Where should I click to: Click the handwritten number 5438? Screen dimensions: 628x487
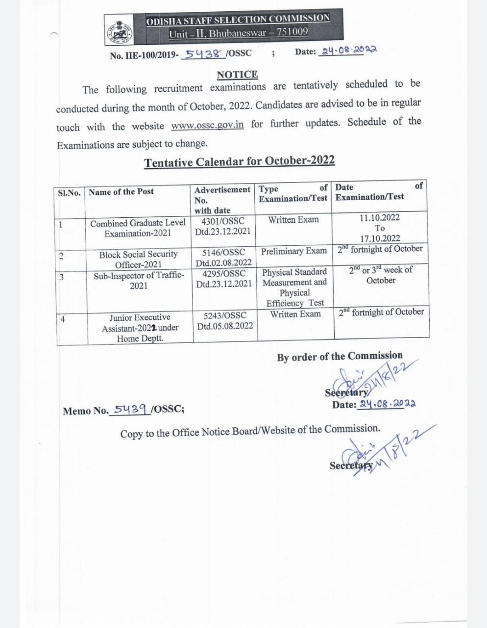203,53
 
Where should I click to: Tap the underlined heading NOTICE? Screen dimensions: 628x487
237,75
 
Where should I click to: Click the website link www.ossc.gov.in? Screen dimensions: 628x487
207,125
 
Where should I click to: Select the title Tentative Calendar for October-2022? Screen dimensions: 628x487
239,161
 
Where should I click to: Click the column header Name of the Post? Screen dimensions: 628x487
121,192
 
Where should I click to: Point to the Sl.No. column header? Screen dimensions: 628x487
69,192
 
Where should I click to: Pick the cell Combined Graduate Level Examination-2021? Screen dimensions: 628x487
138,228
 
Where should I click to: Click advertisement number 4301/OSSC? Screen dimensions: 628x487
223,221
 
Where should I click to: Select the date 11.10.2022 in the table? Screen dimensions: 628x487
380,218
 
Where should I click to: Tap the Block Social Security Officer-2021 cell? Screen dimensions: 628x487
138,259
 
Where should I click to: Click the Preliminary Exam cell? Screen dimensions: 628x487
293,251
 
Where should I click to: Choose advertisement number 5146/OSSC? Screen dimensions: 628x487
224,253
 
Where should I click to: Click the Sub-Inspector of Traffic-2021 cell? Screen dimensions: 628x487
139,280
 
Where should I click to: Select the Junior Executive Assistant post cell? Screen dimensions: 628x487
140,327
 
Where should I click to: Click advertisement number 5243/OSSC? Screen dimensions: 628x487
225,315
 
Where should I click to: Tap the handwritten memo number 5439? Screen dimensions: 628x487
130,409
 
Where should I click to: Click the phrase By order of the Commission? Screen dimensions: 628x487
340,357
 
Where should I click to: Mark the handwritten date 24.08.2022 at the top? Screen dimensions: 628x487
348,51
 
